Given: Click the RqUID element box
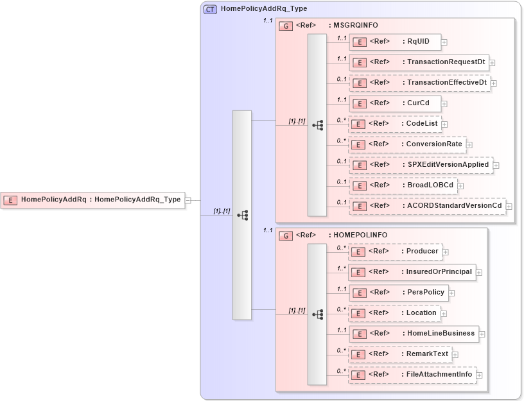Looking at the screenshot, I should point(395,42).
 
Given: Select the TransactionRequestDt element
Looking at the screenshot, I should point(419,62).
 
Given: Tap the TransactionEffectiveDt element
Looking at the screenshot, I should point(419,83).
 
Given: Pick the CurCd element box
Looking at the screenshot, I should point(395,103).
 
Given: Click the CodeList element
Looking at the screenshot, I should point(395,124).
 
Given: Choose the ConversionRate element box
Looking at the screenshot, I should point(406,144).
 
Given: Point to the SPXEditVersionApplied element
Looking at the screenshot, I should point(421,165).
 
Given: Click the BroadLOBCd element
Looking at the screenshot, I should point(403,185).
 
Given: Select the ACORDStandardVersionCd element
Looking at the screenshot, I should point(427,206).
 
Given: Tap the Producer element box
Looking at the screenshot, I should point(395,252).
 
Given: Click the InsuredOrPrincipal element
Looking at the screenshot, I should point(412,272).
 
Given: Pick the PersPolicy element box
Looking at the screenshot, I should point(398,293).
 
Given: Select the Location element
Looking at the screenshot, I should point(394,313).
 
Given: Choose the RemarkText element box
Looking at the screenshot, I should point(400,354).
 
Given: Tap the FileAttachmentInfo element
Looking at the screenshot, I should point(412,375).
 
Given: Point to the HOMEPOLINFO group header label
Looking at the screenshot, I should point(357,235).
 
